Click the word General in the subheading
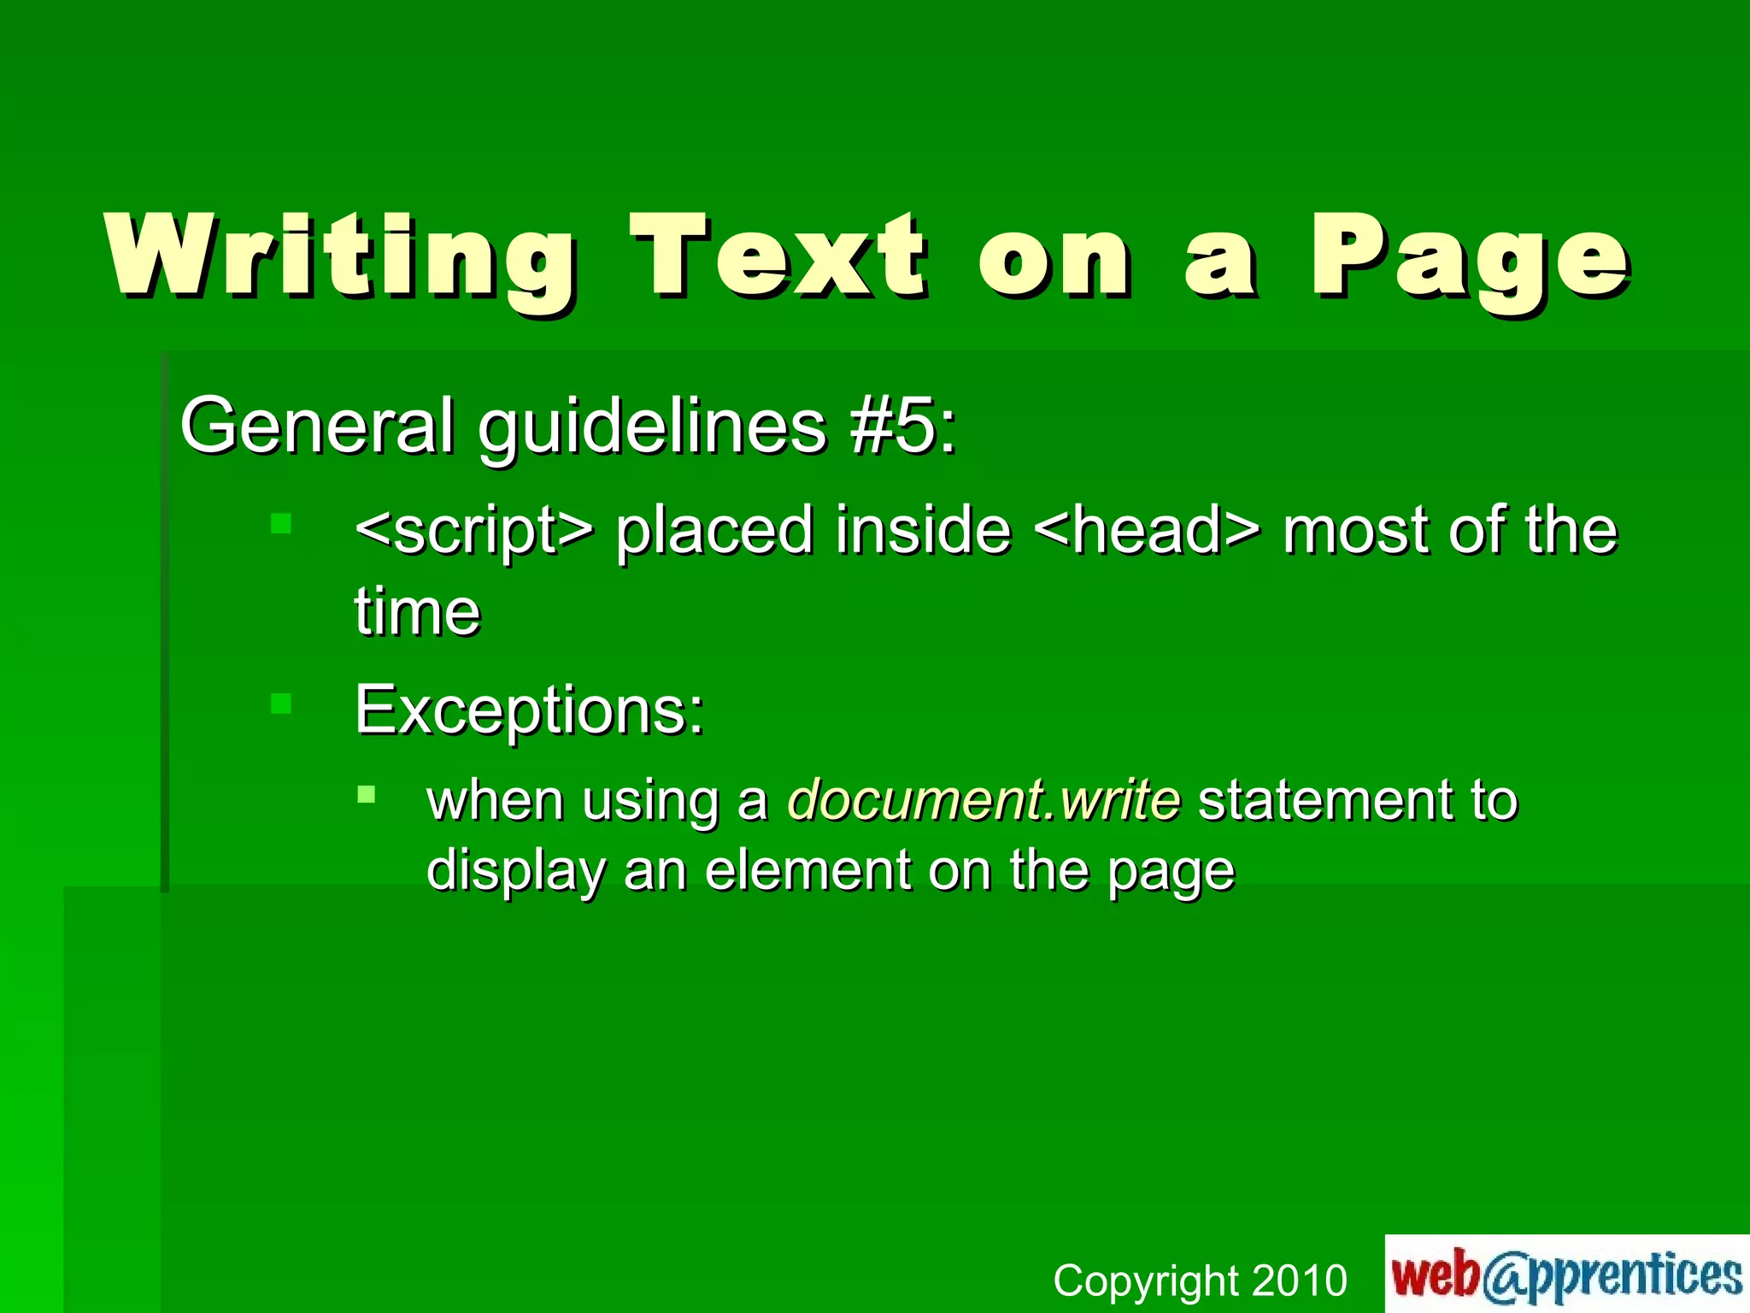coord(316,426)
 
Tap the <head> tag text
coord(1146,530)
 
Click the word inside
coord(923,530)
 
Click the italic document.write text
coord(984,800)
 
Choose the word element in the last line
coord(807,870)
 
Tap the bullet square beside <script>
coord(281,523)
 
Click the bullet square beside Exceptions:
coord(281,704)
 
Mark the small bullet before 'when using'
coord(367,795)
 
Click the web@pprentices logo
coord(1566,1274)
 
